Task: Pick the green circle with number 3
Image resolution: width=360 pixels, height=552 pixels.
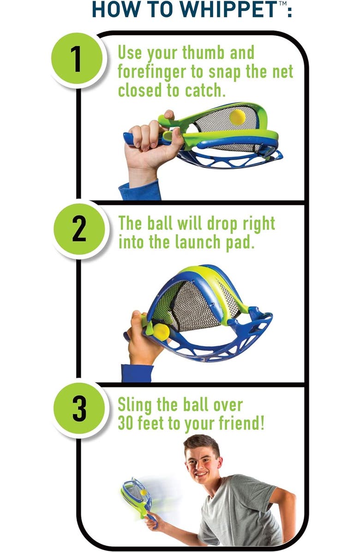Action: tap(79, 408)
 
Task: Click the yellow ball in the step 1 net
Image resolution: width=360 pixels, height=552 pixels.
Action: tap(238, 117)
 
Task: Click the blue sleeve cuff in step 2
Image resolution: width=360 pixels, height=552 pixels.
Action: tap(138, 372)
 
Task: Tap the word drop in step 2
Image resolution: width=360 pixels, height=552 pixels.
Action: tap(224, 223)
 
